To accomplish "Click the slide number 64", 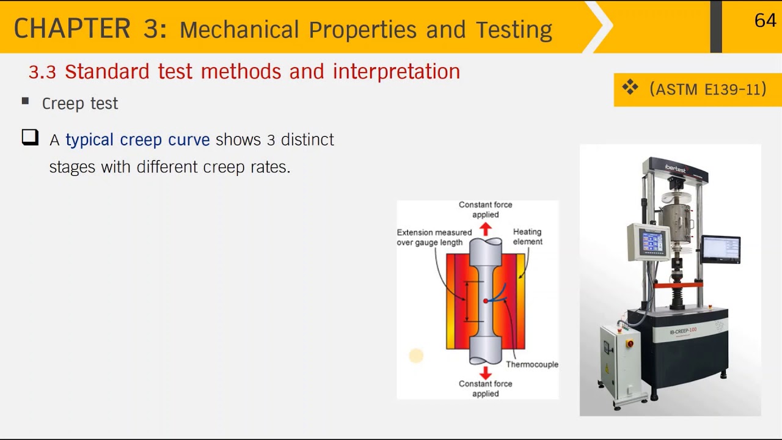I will [x=765, y=21].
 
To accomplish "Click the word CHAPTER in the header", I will [x=72, y=29].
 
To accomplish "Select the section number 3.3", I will [x=42, y=72].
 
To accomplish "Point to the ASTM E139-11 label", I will [x=707, y=89].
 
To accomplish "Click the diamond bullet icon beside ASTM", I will [x=630, y=88].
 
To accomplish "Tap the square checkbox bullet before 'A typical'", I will [x=30, y=137].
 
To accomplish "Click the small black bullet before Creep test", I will [x=25, y=101].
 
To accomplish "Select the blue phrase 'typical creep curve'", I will [x=137, y=139].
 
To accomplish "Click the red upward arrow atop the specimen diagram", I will [x=485, y=229].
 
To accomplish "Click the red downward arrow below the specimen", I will [x=485, y=372].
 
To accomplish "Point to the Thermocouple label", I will [x=532, y=364].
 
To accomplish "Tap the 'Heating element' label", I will [x=527, y=237].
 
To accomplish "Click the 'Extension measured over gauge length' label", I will [x=434, y=237].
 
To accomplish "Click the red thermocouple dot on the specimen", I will [x=486, y=301].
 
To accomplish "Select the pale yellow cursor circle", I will [x=416, y=356].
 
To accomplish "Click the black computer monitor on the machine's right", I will [x=721, y=249].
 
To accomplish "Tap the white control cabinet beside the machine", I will [x=619, y=361].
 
